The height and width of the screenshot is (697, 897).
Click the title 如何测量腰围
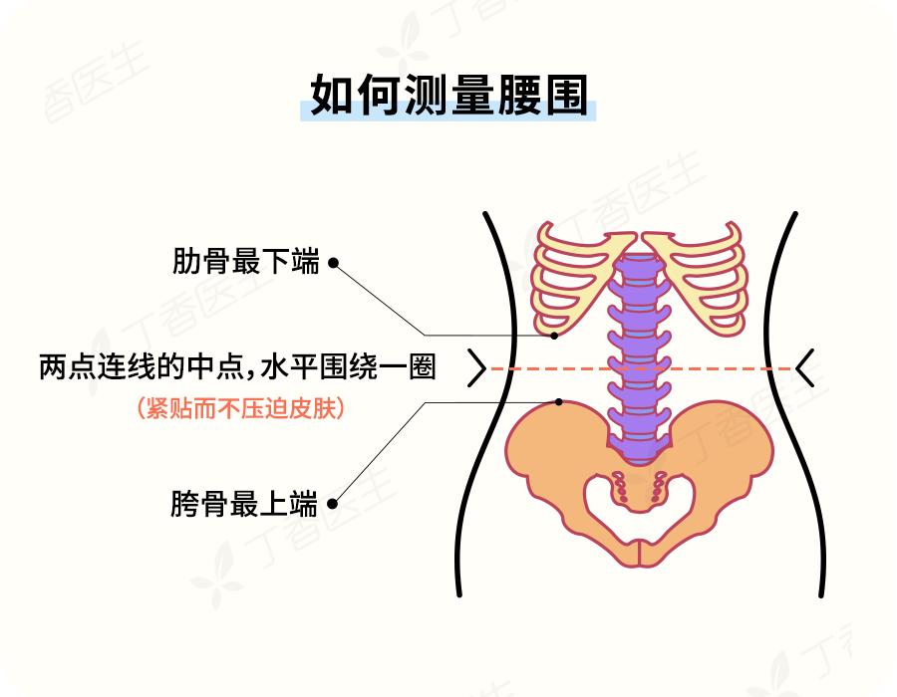449,95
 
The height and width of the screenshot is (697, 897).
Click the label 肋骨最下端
245,261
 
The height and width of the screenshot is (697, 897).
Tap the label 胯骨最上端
244,503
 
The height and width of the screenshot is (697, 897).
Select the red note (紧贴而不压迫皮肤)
241,408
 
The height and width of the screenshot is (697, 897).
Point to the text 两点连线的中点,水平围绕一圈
237,366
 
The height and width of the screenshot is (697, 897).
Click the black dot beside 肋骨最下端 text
333,263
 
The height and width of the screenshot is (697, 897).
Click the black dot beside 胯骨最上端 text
332,504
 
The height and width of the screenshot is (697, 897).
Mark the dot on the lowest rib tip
554,336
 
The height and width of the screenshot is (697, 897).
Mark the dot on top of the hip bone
559,402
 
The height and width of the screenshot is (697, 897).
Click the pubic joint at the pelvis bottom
640,553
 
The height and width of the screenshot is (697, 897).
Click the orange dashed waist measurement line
641,369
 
